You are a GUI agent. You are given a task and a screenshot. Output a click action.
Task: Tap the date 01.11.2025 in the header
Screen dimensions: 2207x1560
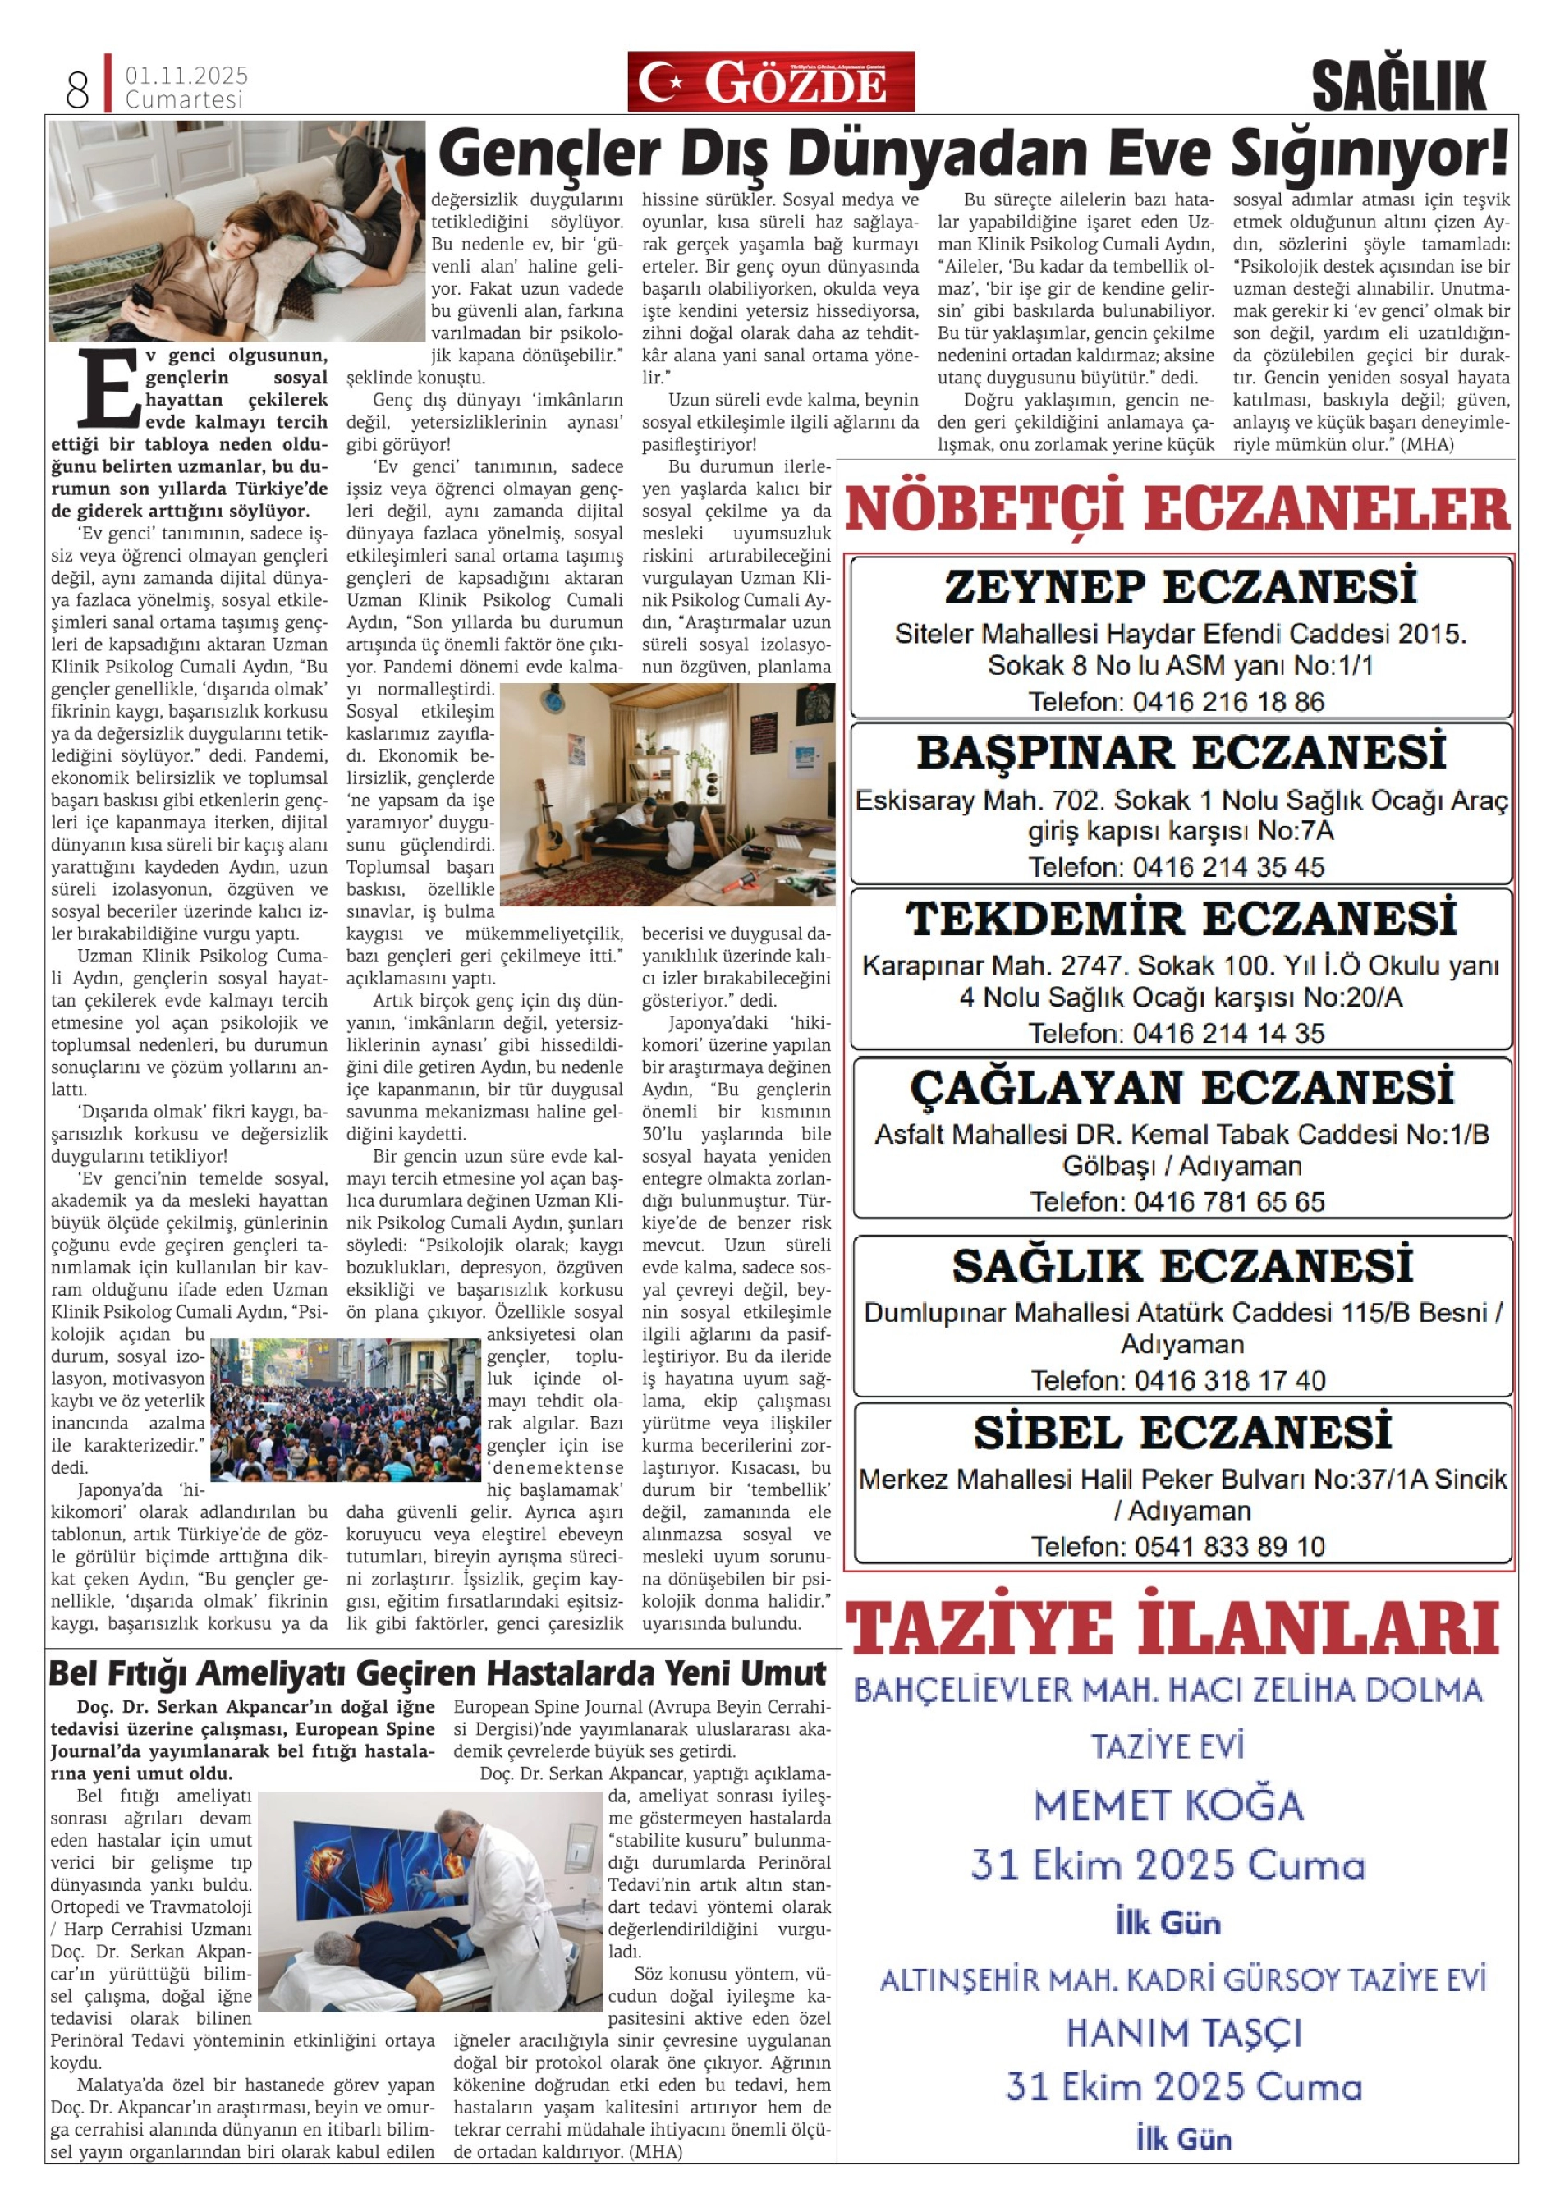click(186, 75)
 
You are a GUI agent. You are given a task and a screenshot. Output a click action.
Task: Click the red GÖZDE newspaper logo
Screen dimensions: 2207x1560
click(771, 83)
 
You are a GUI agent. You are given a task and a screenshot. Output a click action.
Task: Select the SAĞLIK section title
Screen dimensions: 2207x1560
click(1398, 86)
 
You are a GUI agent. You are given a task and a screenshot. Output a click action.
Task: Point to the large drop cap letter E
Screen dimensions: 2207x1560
click(108, 388)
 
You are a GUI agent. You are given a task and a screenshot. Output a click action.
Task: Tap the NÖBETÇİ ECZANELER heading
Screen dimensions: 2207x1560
click(1177, 509)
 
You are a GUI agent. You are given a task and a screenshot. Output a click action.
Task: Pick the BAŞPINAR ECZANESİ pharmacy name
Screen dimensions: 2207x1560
click(1181, 754)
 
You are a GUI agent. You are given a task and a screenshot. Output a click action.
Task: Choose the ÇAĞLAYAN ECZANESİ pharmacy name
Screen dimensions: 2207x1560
click(1181, 1088)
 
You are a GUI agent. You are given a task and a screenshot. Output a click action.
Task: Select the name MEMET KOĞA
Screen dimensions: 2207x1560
click(1169, 1806)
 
